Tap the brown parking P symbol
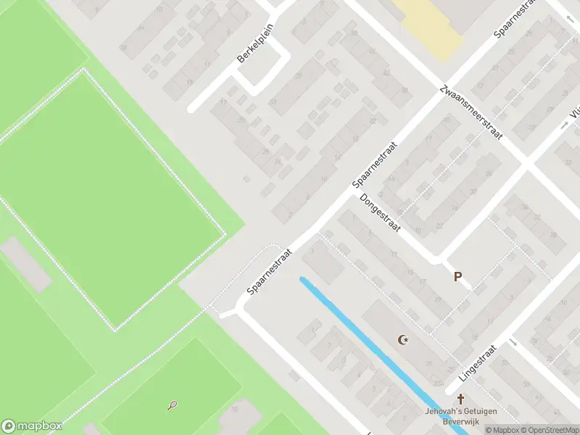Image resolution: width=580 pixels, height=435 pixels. [x=457, y=276]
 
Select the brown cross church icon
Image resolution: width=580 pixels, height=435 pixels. [x=460, y=399]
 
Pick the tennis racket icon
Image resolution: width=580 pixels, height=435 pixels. [x=172, y=406]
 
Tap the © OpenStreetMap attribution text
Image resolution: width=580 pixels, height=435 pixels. [x=546, y=430]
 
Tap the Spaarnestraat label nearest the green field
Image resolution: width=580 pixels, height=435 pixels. [x=269, y=271]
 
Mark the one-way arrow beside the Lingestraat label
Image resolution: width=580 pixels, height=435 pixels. [x=513, y=343]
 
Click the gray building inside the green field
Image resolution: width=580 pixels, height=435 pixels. [x=26, y=263]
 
